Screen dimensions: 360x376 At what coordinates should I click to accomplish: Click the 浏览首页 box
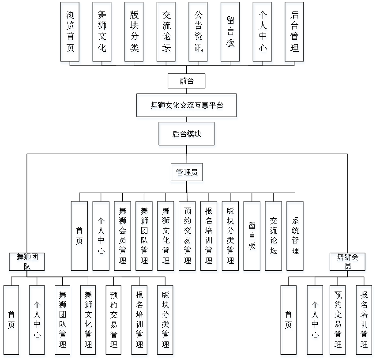71,34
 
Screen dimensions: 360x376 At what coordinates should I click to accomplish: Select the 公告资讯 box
198,34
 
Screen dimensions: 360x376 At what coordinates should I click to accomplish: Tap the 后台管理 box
295,34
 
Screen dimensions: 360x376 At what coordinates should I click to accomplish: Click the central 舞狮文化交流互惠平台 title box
187,106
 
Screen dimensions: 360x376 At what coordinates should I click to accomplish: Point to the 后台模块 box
187,135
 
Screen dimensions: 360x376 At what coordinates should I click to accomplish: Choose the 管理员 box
187,174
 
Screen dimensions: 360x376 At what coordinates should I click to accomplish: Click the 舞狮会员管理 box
123,238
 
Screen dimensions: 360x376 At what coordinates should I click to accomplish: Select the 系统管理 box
296,238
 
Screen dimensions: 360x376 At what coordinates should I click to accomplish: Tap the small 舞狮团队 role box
27,262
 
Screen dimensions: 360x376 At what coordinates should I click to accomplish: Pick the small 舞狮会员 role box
348,262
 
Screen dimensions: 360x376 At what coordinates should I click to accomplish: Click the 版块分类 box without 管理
134,34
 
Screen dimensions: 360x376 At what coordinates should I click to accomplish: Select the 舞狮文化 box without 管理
102,34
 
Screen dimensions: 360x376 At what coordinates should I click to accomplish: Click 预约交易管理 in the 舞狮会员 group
338,321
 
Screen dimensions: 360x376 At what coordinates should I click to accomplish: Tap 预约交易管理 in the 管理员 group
188,238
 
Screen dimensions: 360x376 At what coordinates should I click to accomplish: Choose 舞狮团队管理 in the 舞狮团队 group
63,321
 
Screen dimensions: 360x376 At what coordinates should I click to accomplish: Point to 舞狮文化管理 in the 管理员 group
166,238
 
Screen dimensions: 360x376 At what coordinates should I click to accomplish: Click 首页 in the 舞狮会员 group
290,321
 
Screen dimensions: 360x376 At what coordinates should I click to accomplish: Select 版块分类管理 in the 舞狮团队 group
166,321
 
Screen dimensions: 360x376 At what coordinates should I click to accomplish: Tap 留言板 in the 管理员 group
252,238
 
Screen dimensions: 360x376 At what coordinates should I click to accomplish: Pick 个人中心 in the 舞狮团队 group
38,321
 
